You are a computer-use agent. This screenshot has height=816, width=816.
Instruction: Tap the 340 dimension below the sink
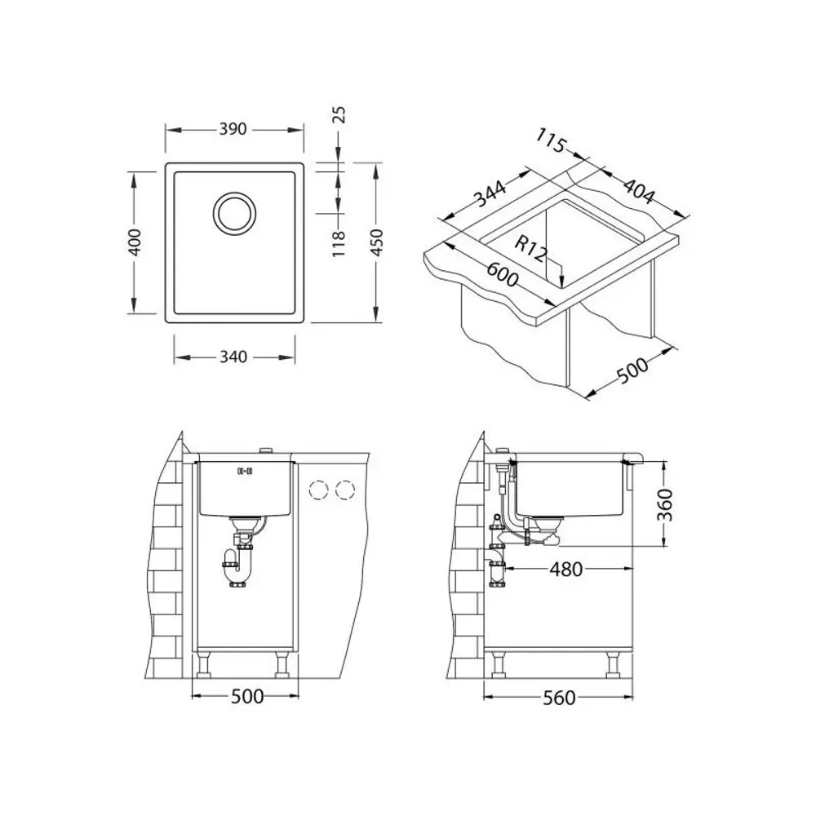[233, 357]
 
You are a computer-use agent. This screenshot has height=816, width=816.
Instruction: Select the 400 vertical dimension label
[135, 242]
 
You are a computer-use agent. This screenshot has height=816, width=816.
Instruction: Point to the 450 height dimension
[376, 242]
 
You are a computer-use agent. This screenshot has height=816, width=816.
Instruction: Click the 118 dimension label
[339, 243]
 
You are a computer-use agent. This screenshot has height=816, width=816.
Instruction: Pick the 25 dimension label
[339, 114]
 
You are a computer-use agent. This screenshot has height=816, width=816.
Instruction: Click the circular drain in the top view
[235, 213]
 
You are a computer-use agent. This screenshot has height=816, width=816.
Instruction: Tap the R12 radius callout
[531, 249]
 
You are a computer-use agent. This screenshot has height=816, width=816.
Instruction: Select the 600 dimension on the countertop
[502, 274]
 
